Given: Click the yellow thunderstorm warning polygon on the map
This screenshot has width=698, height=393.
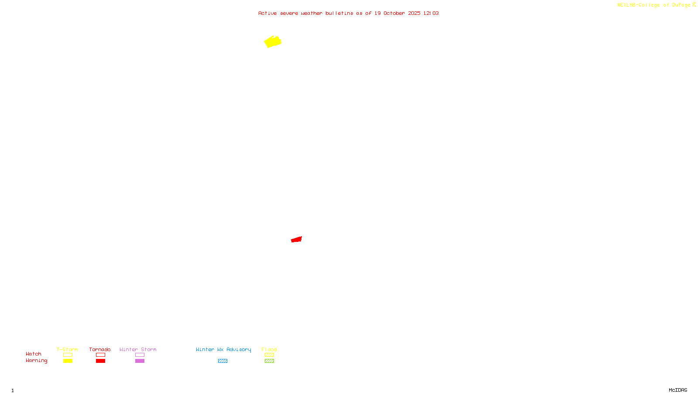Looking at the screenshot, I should (273, 42).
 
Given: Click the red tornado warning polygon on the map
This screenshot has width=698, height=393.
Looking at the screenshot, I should (297, 239).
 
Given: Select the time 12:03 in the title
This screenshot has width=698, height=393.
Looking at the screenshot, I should (431, 13).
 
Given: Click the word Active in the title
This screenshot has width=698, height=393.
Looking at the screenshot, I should (267, 13).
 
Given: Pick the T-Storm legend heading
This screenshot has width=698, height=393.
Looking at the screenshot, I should (67, 349).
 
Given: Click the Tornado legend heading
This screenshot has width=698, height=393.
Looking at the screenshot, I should (100, 349).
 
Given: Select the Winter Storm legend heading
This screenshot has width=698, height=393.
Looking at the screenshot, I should (138, 349).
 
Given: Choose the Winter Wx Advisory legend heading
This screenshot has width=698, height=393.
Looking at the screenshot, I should (223, 349).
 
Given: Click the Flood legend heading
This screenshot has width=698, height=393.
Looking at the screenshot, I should (269, 349).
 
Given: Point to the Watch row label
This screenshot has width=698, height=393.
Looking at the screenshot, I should (34, 354).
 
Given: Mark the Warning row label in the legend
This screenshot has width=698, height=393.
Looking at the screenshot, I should (36, 361).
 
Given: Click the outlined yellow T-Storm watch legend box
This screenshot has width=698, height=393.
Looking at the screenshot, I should (68, 355).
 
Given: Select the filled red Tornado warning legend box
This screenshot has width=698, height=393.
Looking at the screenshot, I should (101, 361).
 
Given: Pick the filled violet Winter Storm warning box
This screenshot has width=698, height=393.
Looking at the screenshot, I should (140, 361).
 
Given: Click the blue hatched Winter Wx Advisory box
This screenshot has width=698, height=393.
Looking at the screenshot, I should (222, 361).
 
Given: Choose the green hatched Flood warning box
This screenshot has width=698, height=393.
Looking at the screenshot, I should (269, 361).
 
